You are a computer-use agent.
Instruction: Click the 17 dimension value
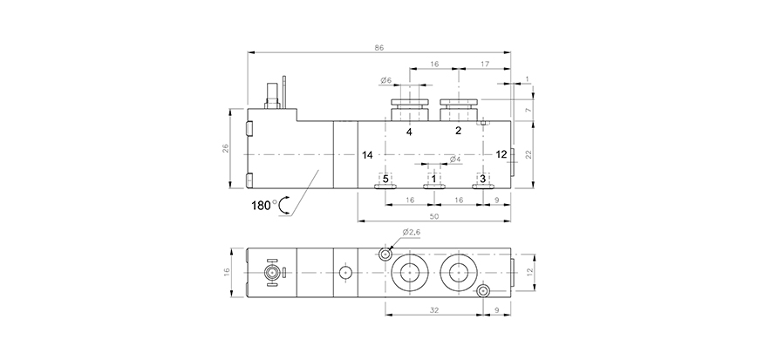(x=484, y=63)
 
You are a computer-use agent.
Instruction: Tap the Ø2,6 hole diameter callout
(x=412, y=233)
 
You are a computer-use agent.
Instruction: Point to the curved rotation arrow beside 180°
(x=285, y=205)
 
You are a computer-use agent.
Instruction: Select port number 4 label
(x=409, y=132)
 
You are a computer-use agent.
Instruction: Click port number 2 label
(x=458, y=132)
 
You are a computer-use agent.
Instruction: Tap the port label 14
(x=368, y=154)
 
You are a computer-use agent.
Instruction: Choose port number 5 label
(x=385, y=179)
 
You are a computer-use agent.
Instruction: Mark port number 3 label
(x=481, y=179)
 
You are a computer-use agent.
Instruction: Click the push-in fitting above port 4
(x=409, y=111)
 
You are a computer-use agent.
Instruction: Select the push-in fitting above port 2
(x=458, y=111)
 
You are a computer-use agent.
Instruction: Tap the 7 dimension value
(x=529, y=110)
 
